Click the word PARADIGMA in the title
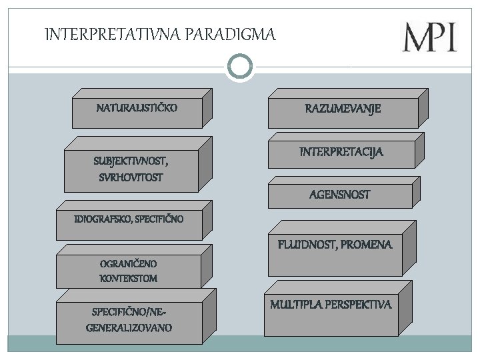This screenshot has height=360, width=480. tap(227, 34)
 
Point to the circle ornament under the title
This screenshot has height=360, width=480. tap(240, 65)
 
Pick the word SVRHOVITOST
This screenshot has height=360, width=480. tap(131, 179)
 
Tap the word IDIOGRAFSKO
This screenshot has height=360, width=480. tap(100, 219)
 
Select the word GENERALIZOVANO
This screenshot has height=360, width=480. tap(129, 327)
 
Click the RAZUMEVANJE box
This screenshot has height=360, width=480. tap(343, 109)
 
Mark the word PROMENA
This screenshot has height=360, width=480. tap(367, 245)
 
